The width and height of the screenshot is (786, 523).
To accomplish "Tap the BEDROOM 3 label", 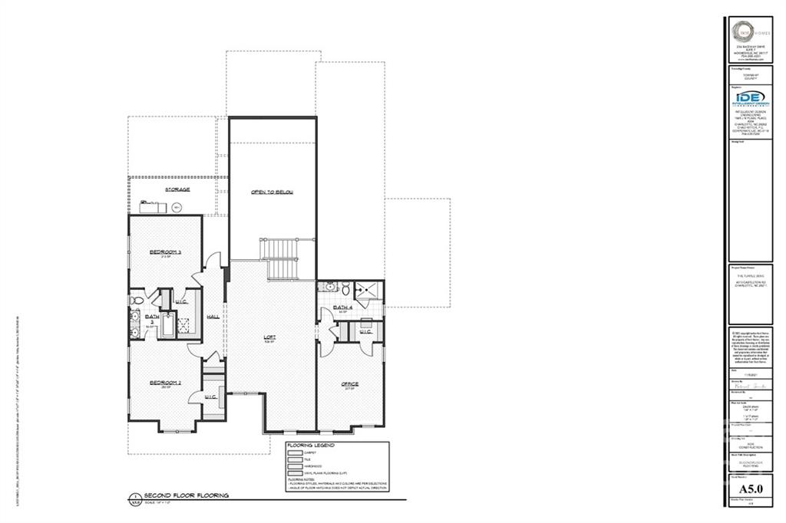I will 165,252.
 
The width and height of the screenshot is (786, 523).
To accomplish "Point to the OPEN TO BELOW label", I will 272,192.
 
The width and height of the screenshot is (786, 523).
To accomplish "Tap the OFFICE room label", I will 350,383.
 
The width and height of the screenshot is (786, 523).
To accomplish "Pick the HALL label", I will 213,317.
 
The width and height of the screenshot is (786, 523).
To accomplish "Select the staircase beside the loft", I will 281,258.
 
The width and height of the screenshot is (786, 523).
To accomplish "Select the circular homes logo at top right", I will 741,31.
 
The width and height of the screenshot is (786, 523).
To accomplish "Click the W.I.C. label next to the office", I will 365,331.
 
